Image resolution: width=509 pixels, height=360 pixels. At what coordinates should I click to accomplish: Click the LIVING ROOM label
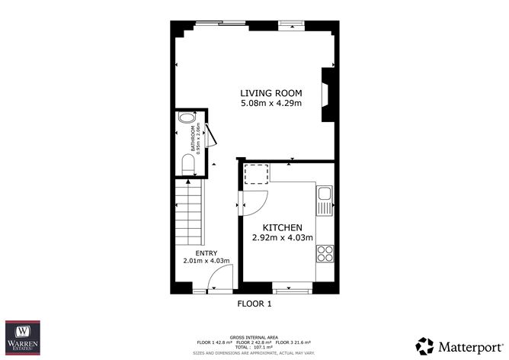[267, 93]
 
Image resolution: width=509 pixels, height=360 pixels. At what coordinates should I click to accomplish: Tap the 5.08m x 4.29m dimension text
[267, 103]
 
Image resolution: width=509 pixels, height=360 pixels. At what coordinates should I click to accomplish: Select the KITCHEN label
[283, 227]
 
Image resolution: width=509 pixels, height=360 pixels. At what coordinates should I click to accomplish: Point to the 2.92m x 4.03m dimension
[283, 237]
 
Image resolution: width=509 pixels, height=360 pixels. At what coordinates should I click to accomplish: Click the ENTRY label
[206, 253]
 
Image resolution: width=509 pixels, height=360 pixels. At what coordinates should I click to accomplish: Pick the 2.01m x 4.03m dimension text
[206, 262]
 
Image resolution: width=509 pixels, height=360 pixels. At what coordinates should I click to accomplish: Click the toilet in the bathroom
[187, 163]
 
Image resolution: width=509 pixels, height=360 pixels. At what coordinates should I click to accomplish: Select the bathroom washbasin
[186, 121]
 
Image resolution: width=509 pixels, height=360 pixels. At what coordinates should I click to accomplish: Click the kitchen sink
[325, 200]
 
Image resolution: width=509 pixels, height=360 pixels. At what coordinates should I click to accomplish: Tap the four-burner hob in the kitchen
[325, 252]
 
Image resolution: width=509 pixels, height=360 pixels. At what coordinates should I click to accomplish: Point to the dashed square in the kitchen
[256, 175]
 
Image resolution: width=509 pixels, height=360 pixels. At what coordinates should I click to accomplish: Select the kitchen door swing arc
[254, 201]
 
